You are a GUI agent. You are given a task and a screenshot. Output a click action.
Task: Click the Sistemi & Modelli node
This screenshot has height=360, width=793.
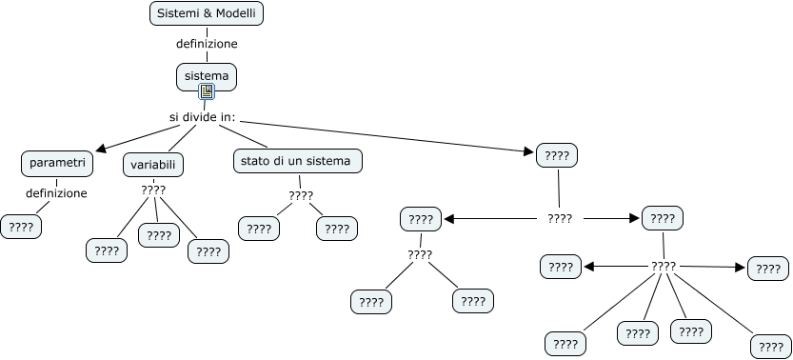pos(207,13)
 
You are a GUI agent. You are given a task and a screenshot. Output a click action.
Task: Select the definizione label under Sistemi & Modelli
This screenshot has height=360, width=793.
pos(207,44)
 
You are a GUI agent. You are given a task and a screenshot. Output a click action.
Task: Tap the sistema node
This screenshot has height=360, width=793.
pos(207,74)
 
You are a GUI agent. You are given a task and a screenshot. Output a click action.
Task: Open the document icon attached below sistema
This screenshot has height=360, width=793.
pos(207,92)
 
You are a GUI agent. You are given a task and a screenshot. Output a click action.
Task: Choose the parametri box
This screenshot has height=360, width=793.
pos(57,163)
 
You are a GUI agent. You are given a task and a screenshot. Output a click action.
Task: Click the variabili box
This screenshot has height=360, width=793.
pos(153,164)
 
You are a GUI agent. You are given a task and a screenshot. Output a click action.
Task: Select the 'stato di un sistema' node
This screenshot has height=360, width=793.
pos(296,161)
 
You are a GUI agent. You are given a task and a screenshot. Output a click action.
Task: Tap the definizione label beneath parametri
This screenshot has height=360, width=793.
pos(56,193)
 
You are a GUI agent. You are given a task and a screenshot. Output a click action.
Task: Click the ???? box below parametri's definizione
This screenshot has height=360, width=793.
pos(21,227)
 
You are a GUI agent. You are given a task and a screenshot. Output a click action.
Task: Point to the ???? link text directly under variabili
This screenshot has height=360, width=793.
pos(153,190)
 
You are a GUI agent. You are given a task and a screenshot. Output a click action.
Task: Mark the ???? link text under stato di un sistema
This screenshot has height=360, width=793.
pos(301,196)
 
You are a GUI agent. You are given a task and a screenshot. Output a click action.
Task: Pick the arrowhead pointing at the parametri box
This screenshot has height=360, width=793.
pos(102,148)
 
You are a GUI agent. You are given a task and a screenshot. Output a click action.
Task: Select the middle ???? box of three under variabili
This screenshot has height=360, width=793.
pos(159,234)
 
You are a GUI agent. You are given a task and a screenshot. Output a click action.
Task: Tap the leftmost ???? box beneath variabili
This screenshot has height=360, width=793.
pos(107,250)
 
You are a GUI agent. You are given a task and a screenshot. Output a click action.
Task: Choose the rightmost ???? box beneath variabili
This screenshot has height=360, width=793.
pos(208,251)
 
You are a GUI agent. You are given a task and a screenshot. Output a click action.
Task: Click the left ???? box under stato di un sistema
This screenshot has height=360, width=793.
pos(259,229)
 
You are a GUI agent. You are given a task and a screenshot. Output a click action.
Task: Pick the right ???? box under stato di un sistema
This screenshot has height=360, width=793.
pos(337,229)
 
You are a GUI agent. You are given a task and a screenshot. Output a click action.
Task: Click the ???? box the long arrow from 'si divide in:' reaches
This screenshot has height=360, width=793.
pos(557,154)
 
